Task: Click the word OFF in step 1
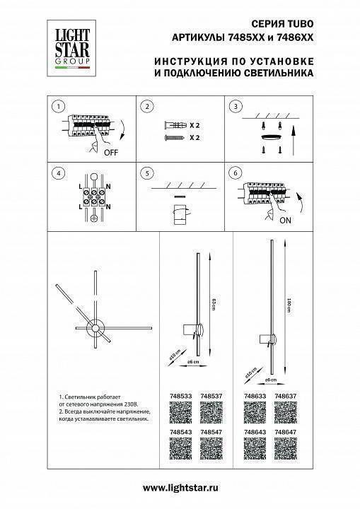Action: pyautogui.click(x=111, y=151)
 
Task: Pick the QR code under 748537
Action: pyautogui.click(x=211, y=413)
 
